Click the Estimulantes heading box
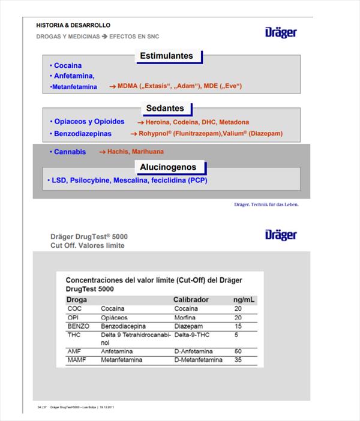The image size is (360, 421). [167, 56]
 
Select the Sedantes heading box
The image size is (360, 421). [165, 109]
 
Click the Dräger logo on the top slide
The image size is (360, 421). [281, 32]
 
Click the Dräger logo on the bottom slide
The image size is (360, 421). [281, 234]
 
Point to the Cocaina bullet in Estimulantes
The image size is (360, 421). [67, 65]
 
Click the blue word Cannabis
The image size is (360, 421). [70, 152]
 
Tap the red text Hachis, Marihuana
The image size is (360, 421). [135, 152]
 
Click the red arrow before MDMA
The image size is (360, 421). [112, 86]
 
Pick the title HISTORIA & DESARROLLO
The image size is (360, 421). [73, 26]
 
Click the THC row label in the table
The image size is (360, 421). [74, 335]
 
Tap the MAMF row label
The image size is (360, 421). [77, 360]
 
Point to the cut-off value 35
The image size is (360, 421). [238, 360]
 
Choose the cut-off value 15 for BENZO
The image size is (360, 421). [238, 326]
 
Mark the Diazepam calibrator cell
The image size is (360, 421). [188, 326]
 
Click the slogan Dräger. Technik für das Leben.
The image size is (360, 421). [266, 205]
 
